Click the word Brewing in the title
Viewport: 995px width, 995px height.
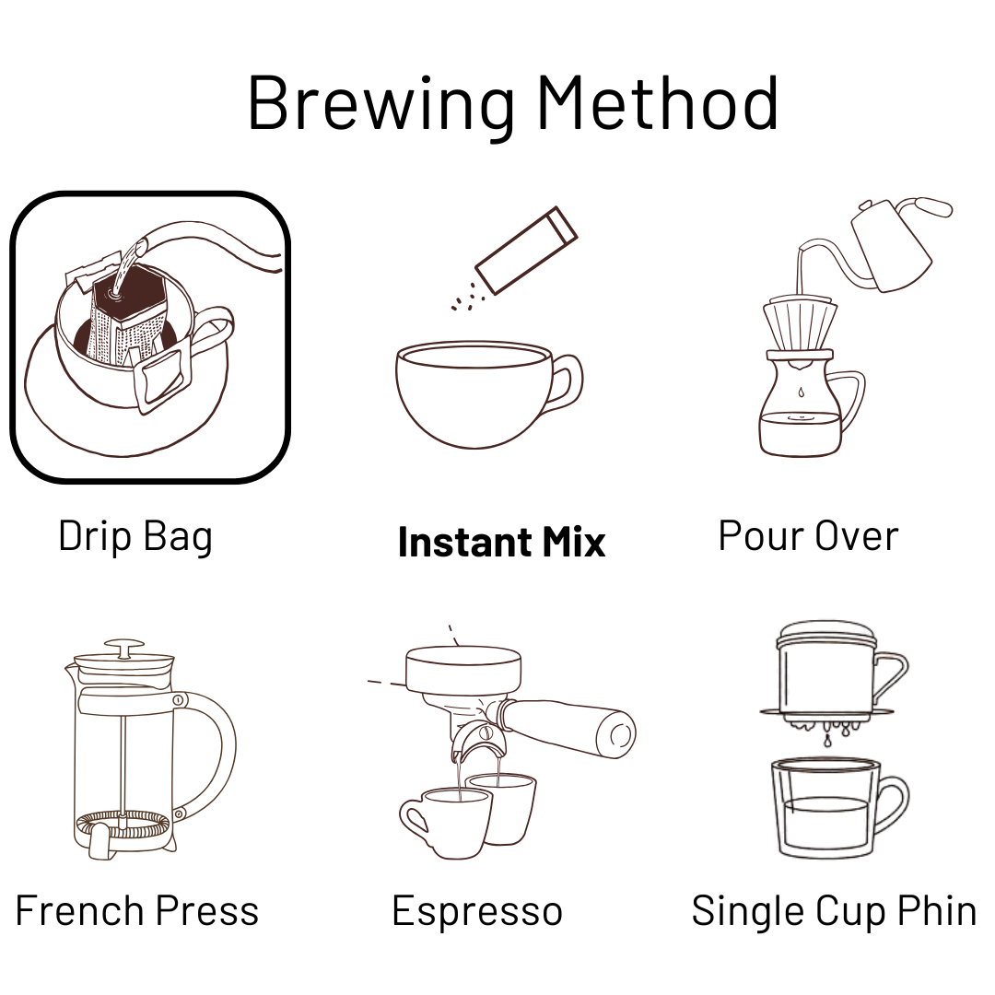tap(381, 104)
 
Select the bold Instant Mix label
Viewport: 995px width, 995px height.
tap(501, 542)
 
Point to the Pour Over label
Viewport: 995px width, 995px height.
tap(809, 536)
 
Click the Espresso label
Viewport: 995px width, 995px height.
tap(477, 912)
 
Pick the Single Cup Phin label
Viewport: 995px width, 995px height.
tap(833, 912)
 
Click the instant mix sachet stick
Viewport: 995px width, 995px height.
tap(526, 250)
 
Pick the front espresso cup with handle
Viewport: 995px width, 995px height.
tap(444, 823)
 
